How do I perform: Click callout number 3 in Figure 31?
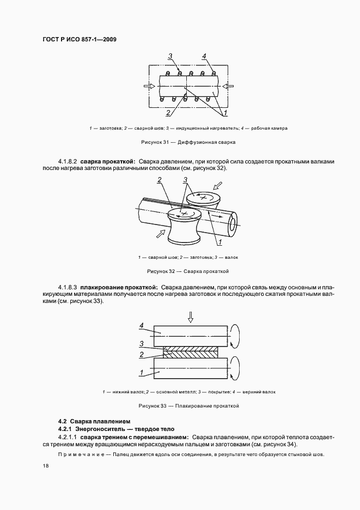[170, 57]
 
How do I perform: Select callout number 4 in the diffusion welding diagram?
[204, 57]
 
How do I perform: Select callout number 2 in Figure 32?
[159, 180]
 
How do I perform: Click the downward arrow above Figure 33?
[190, 317]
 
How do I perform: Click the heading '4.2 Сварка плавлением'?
[94, 421]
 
